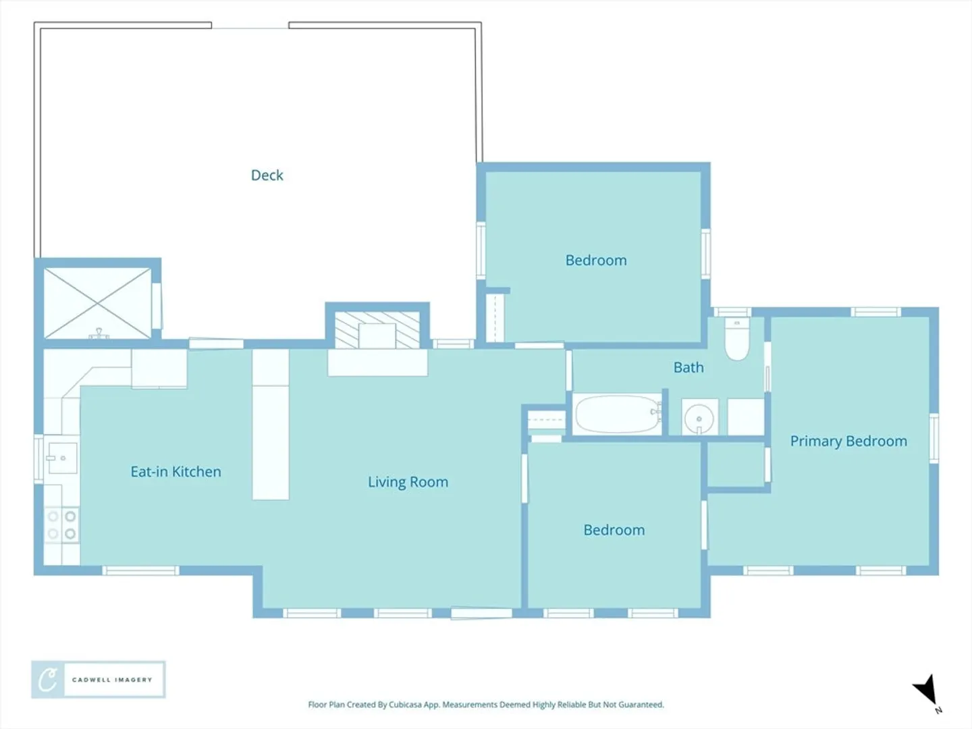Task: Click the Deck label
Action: pyautogui.click(x=267, y=175)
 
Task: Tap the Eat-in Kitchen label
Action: pyautogui.click(x=175, y=472)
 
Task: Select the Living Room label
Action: pyautogui.click(x=408, y=482)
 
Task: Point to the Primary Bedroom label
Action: pyautogui.click(x=848, y=441)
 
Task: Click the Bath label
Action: pyautogui.click(x=688, y=367)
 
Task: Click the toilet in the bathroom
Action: pyautogui.click(x=737, y=339)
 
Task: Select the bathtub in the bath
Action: pyautogui.click(x=618, y=414)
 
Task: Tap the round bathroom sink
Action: pyautogui.click(x=699, y=418)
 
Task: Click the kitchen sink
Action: pyautogui.click(x=62, y=458)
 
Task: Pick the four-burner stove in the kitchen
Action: pyautogui.click(x=61, y=525)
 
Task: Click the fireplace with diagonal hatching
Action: pyautogui.click(x=377, y=330)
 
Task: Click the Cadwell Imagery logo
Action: pyautogui.click(x=99, y=680)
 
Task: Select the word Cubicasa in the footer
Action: pyautogui.click(x=405, y=704)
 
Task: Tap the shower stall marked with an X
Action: pyautogui.click(x=97, y=304)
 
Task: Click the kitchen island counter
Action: pyautogui.click(x=271, y=425)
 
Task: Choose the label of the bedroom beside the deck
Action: pyautogui.click(x=596, y=261)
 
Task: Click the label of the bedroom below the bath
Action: pyautogui.click(x=614, y=531)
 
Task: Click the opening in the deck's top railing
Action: pyautogui.click(x=250, y=28)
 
